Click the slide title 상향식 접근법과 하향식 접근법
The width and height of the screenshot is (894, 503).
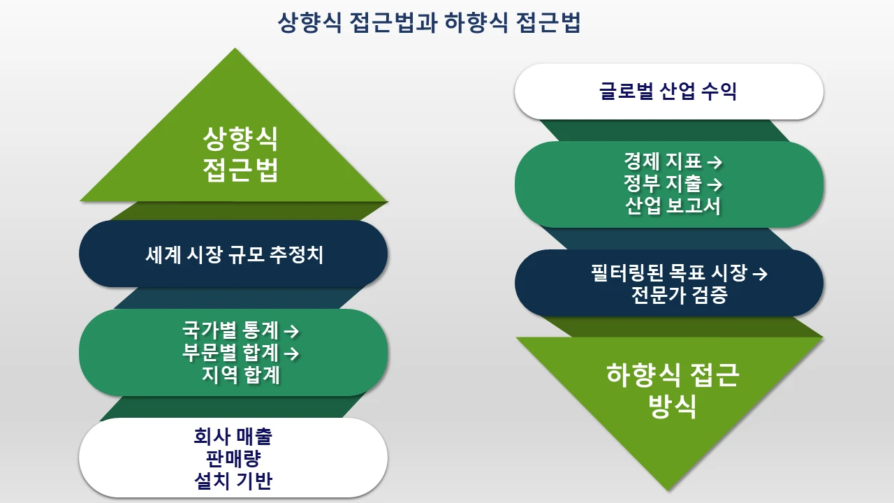coord(429,23)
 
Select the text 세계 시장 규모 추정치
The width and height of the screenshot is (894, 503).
coord(234,255)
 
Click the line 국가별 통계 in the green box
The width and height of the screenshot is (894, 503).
coord(230,330)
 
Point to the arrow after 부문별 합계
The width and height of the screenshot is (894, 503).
coord(293,353)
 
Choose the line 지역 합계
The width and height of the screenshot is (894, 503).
coord(241,375)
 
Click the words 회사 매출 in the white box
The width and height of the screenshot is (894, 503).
coord(233,437)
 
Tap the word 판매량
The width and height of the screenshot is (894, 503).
coord(233,459)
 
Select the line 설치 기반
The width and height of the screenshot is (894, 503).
coord(233,481)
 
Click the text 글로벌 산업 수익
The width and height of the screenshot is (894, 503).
coord(668,92)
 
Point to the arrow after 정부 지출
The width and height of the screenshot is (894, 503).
coord(715,184)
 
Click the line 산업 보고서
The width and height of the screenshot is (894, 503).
coord(672,207)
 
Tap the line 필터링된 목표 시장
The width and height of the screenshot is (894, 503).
coord(668,272)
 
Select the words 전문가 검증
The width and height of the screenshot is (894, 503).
coord(679,295)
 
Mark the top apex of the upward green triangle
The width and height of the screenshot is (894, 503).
coord(235,50)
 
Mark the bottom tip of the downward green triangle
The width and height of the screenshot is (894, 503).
coord(669,489)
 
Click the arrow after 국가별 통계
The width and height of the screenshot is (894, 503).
coord(293,330)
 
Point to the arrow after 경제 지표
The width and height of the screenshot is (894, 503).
coord(715,162)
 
